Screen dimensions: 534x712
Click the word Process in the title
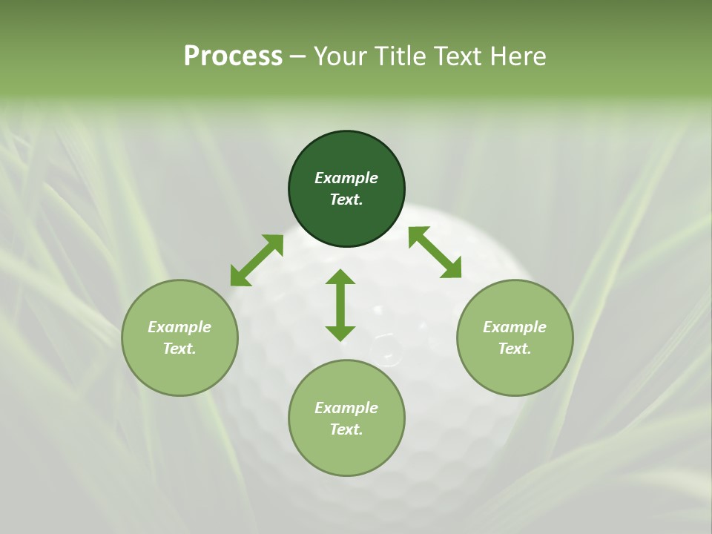tap(233, 56)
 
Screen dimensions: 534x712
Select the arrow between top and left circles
tap(257, 260)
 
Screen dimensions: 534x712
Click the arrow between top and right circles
tap(435, 252)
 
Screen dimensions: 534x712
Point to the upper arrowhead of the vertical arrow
tap(340, 277)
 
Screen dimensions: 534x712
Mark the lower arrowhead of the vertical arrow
tap(340, 332)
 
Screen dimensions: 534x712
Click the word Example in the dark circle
tap(346, 178)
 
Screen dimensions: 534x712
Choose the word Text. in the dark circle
tap(346, 200)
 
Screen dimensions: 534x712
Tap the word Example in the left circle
tap(179, 327)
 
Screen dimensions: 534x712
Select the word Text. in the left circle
tap(179, 349)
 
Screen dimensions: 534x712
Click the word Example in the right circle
tap(515, 327)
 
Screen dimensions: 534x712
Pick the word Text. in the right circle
tap(515, 349)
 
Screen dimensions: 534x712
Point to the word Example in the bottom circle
tap(346, 408)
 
